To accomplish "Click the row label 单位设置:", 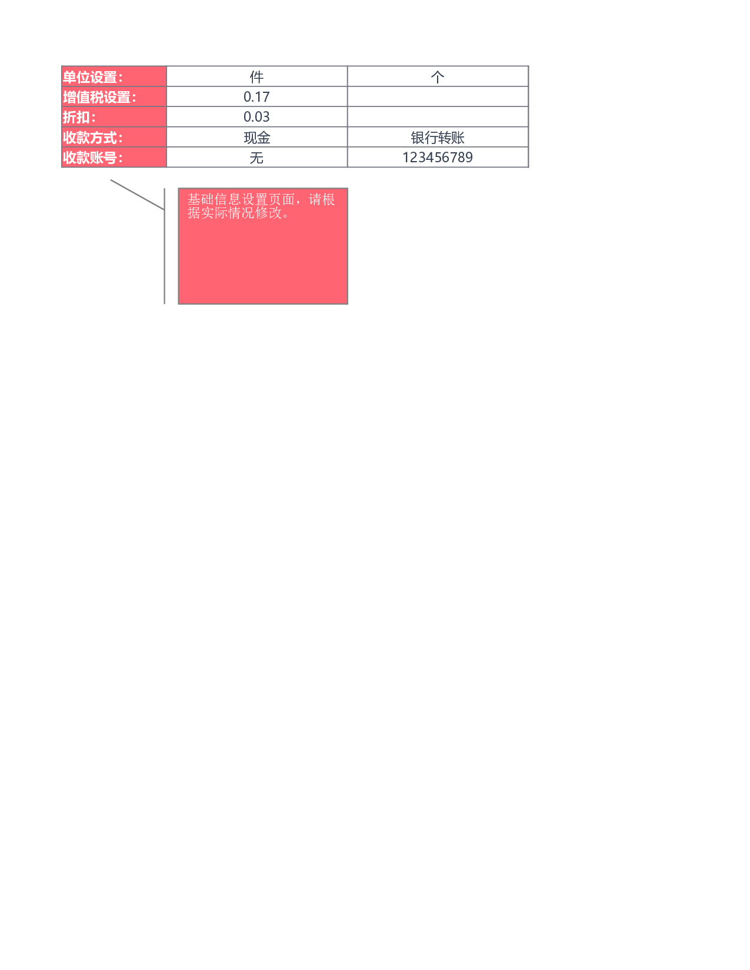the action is pos(92,77).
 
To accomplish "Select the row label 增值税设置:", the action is pos(99,98).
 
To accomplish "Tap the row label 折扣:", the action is pos(79,118).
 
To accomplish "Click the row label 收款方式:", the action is pos(92,138).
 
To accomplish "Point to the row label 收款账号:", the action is pos(92,158).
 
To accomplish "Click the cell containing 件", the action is pos(257,77).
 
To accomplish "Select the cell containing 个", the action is pos(438,77).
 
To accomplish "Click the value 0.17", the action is pos(257,97).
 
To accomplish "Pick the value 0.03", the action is pos(257,117).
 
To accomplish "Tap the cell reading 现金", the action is pos(257,138).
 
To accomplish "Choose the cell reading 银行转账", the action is pos(438,138).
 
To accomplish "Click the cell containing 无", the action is pos(257,158).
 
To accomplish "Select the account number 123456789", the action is pos(438,158).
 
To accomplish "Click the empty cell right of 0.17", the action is pos(438,97).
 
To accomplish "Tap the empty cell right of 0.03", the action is pos(438,117).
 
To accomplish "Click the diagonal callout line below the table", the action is pos(138,195).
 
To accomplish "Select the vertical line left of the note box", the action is pos(164,246).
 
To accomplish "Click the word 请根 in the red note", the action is pos(322,199).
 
